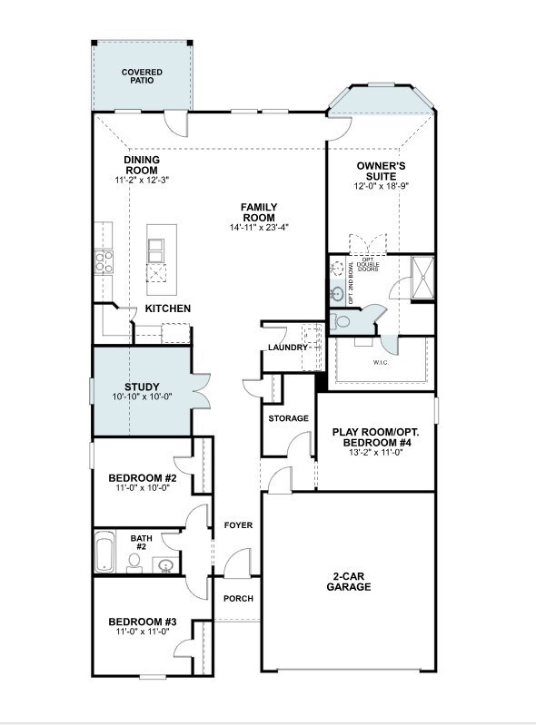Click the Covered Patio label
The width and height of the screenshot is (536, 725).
pyautogui.click(x=142, y=76)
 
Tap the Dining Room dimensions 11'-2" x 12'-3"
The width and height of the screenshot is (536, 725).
pyautogui.click(x=142, y=181)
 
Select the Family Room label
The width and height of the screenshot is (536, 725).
pyautogui.click(x=259, y=212)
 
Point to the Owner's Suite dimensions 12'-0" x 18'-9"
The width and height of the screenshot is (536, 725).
pyautogui.click(x=382, y=186)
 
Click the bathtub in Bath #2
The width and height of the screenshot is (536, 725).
pyautogui.click(x=104, y=551)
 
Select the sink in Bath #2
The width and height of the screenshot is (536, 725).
pyautogui.click(x=165, y=564)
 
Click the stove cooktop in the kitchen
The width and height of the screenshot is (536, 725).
pyautogui.click(x=104, y=261)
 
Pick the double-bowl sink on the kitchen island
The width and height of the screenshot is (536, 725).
pyautogui.click(x=155, y=251)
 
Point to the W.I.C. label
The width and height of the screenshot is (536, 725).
pyautogui.click(x=381, y=363)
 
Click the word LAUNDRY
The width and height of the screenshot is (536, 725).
pyautogui.click(x=288, y=348)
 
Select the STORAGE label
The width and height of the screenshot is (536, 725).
pyautogui.click(x=288, y=418)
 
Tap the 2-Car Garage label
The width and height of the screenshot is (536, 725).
pyautogui.click(x=349, y=582)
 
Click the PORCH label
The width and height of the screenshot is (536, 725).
pyautogui.click(x=238, y=599)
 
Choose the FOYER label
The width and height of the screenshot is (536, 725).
pyautogui.click(x=238, y=525)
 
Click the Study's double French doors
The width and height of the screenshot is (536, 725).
pyautogui.click(x=201, y=392)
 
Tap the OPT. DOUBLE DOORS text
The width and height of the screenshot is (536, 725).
pyautogui.click(x=368, y=265)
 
